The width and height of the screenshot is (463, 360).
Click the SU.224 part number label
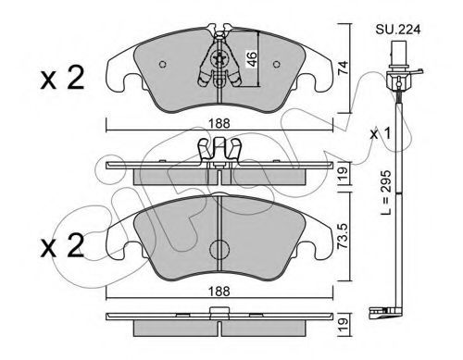[x=398, y=30]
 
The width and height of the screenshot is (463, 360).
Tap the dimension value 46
[x=252, y=59]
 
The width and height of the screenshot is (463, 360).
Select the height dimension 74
[x=343, y=68]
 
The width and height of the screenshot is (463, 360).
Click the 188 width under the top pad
[x=219, y=124]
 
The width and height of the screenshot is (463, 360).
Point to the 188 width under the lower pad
[x=219, y=291]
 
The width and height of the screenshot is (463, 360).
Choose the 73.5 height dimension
[x=343, y=236]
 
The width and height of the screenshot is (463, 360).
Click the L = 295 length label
[x=386, y=192]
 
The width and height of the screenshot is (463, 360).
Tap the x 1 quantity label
[x=381, y=133]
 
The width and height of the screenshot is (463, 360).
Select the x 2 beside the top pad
[x=62, y=78]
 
